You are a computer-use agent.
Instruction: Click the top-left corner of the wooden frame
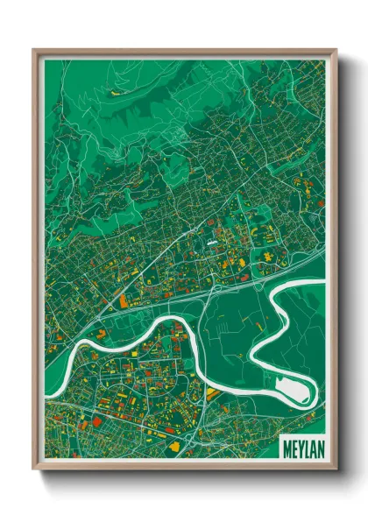tap(34, 51)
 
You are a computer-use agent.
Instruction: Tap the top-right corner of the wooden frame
tap(335, 51)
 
